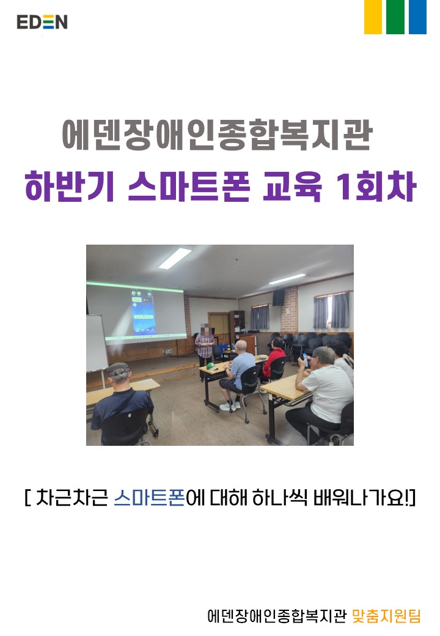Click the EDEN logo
42,22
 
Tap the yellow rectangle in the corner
373,17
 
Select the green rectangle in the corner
395,17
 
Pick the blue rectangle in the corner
417,17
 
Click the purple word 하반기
69,187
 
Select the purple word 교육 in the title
293,187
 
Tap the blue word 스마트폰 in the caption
149,497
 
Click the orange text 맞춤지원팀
386,615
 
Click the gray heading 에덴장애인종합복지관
217,135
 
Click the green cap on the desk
211,366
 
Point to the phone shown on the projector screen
144,312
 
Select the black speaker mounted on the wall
278,298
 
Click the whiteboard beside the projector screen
96,343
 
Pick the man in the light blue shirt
237,375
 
